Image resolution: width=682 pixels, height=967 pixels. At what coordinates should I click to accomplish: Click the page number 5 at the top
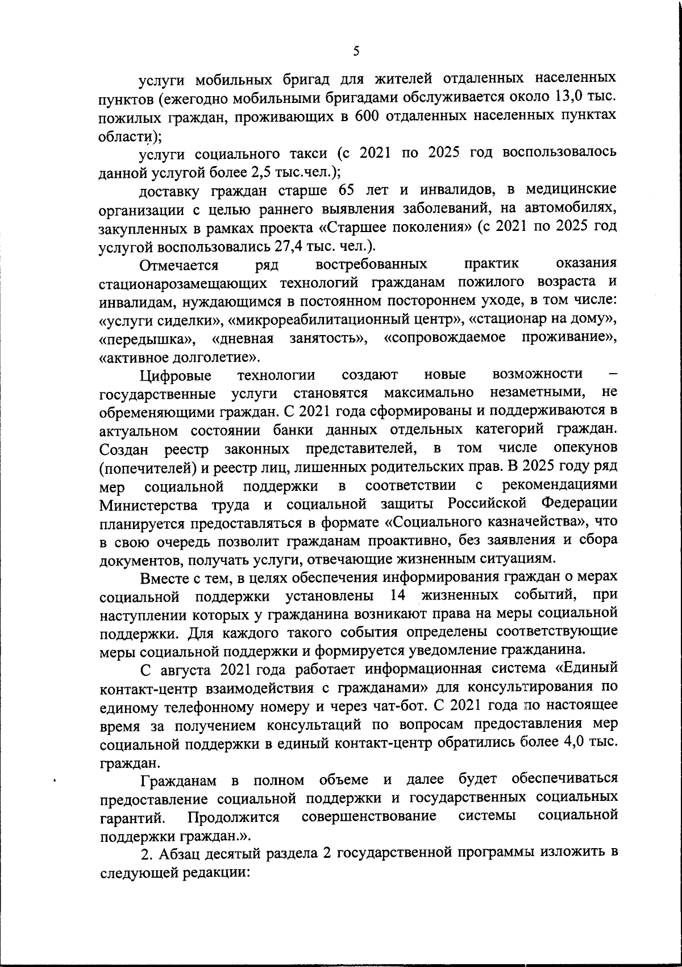coord(356,51)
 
